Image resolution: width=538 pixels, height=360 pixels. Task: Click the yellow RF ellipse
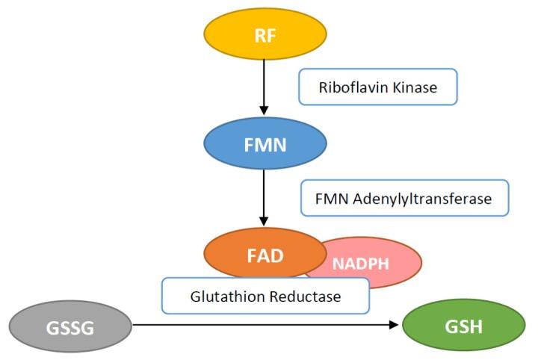(265, 34)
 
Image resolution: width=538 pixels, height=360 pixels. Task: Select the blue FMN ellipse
(265, 144)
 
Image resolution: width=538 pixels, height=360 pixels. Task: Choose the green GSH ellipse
(463, 326)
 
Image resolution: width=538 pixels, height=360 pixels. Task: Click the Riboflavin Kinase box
(377, 87)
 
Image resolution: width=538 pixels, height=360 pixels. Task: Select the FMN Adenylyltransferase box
(403, 199)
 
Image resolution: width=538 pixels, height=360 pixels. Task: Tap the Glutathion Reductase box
(265, 296)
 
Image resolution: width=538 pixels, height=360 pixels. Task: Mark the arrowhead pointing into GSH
(395, 326)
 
